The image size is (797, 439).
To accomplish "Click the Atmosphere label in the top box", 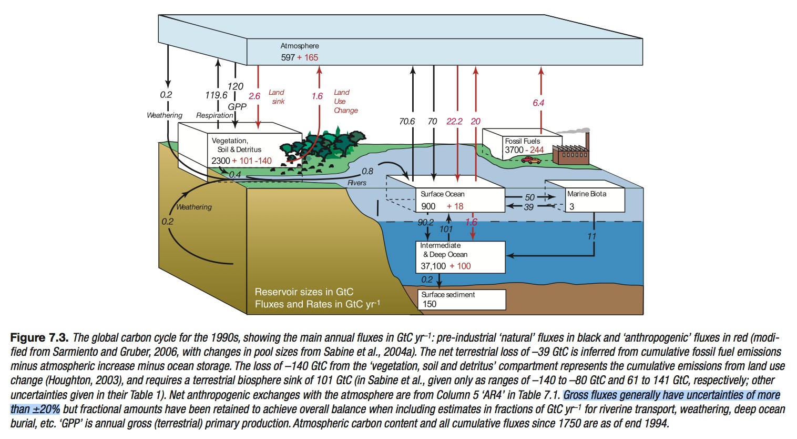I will pos(299,46).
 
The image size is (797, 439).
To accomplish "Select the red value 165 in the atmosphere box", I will pos(311,57).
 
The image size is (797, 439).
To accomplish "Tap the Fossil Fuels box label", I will pos(522,141).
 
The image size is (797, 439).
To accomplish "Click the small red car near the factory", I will pos(531,160).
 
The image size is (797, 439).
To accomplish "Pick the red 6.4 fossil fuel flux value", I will pos(538,103).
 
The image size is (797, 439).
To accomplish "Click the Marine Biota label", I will pos(586,194).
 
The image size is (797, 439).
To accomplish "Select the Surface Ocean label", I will pos(442,194).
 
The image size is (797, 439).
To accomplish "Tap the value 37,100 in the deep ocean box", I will pos(433,266).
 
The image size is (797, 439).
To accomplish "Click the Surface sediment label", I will pos(448,295).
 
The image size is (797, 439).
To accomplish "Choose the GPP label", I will pos(237,106).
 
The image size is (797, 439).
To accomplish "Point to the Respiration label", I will pos(214,115).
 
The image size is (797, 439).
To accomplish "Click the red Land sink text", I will pos(277,97).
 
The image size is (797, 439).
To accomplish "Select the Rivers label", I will pos(357,183).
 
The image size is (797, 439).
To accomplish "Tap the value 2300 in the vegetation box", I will pos(221,161).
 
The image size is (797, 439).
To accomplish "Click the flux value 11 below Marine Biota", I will pos(591,236).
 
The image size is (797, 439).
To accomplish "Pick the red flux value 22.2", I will pos(454,121).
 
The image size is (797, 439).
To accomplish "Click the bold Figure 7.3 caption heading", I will pos(39,338).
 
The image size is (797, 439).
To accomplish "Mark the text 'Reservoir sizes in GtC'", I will pos(304,292).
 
